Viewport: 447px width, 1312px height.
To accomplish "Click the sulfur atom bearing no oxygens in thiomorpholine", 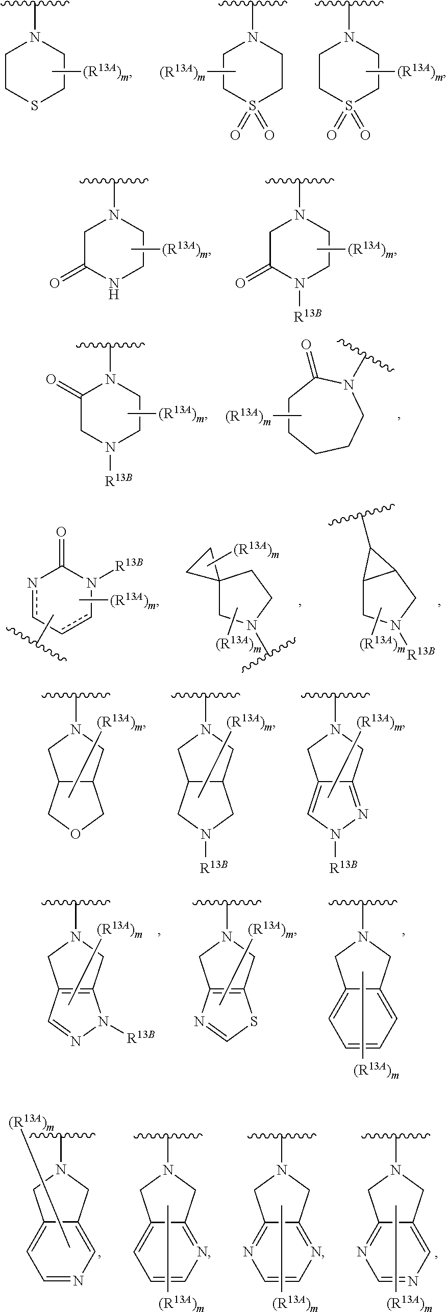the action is point(34,107).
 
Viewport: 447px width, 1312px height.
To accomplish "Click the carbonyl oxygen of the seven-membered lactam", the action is point(306,346).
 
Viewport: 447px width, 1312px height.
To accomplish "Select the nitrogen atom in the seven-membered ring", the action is point(349,385).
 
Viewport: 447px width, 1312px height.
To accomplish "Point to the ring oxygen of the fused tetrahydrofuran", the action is point(76,835).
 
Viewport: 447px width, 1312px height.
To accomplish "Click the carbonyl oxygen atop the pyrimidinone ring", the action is point(61,533).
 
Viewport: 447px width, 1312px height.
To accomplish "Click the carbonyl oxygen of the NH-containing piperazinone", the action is point(55,283).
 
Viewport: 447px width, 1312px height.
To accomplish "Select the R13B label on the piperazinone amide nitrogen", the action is point(307,317).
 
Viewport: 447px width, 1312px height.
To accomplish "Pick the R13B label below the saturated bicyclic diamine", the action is point(213,867).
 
